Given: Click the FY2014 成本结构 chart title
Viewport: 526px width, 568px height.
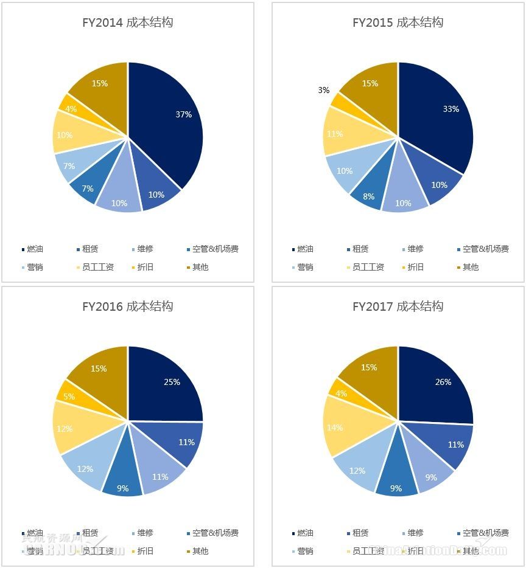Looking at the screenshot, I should click(128, 23).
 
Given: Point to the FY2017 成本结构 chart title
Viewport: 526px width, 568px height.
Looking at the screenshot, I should click(398, 307).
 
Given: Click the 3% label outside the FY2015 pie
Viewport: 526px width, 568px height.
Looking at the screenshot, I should click(324, 90).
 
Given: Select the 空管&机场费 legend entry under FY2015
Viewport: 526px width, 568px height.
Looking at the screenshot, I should click(485, 249).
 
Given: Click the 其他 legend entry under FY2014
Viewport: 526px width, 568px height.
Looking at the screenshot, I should click(200, 267).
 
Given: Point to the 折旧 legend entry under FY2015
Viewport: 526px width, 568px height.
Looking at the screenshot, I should click(416, 267).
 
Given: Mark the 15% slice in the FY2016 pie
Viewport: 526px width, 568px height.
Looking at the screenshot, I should click(99, 369).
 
